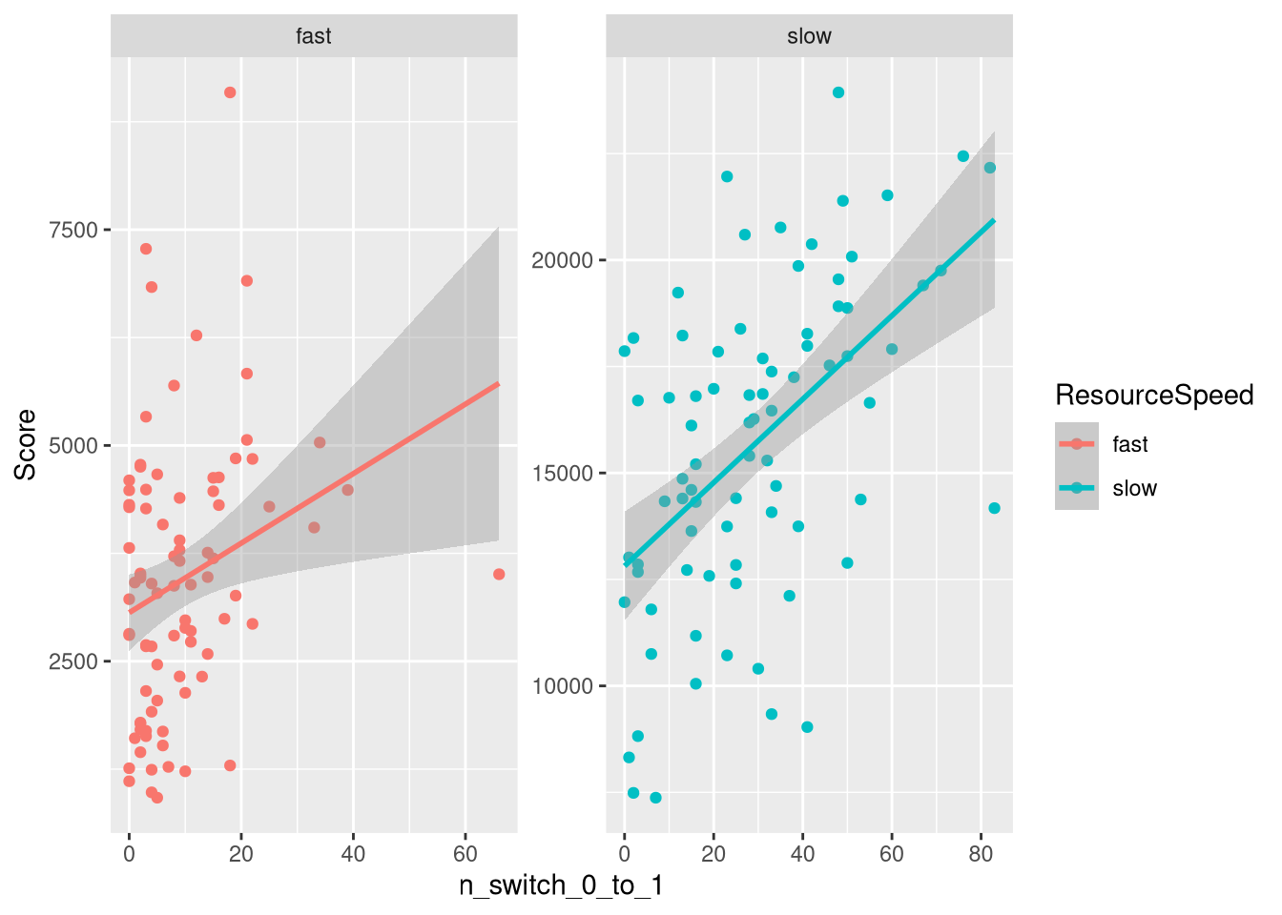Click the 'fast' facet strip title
click(314, 36)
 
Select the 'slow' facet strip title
click(809, 36)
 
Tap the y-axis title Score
click(26, 444)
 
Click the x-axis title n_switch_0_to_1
click(561, 886)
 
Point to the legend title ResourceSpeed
click(1154, 395)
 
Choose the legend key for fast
click(1077, 444)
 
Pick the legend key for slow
click(1077, 488)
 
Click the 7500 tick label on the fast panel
click(73, 230)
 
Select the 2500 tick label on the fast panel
click(73, 661)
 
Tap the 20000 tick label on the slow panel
click(562, 260)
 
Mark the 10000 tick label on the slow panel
click(562, 686)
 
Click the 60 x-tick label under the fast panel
click(465, 854)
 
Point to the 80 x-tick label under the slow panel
click(981, 854)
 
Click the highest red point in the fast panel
click(230, 92)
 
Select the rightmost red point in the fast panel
click(499, 574)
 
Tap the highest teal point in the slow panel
click(838, 92)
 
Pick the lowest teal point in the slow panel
click(655, 798)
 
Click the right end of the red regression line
click(499, 383)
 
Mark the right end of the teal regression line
click(995, 220)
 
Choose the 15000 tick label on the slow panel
click(562, 474)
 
